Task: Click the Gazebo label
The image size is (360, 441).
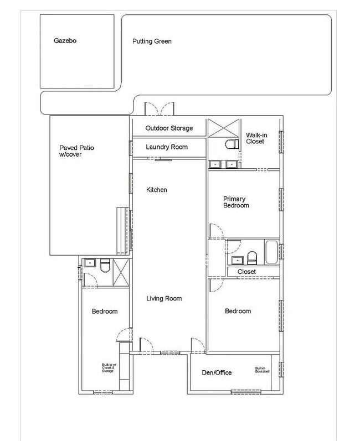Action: pos(65,41)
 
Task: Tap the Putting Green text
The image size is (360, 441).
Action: pos(152,41)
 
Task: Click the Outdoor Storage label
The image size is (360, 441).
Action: pos(169,128)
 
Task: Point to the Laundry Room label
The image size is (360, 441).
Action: pos(167,147)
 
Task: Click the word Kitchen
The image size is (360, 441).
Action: pos(156,190)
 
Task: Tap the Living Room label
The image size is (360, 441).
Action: pos(164,299)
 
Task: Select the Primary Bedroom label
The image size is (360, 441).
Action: pos(236,202)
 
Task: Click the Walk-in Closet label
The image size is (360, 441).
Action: pos(255,138)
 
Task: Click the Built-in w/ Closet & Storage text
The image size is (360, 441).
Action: pos(107,367)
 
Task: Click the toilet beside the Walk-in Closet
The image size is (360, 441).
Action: pos(230,144)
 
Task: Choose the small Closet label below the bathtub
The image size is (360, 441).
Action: pos(246,272)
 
